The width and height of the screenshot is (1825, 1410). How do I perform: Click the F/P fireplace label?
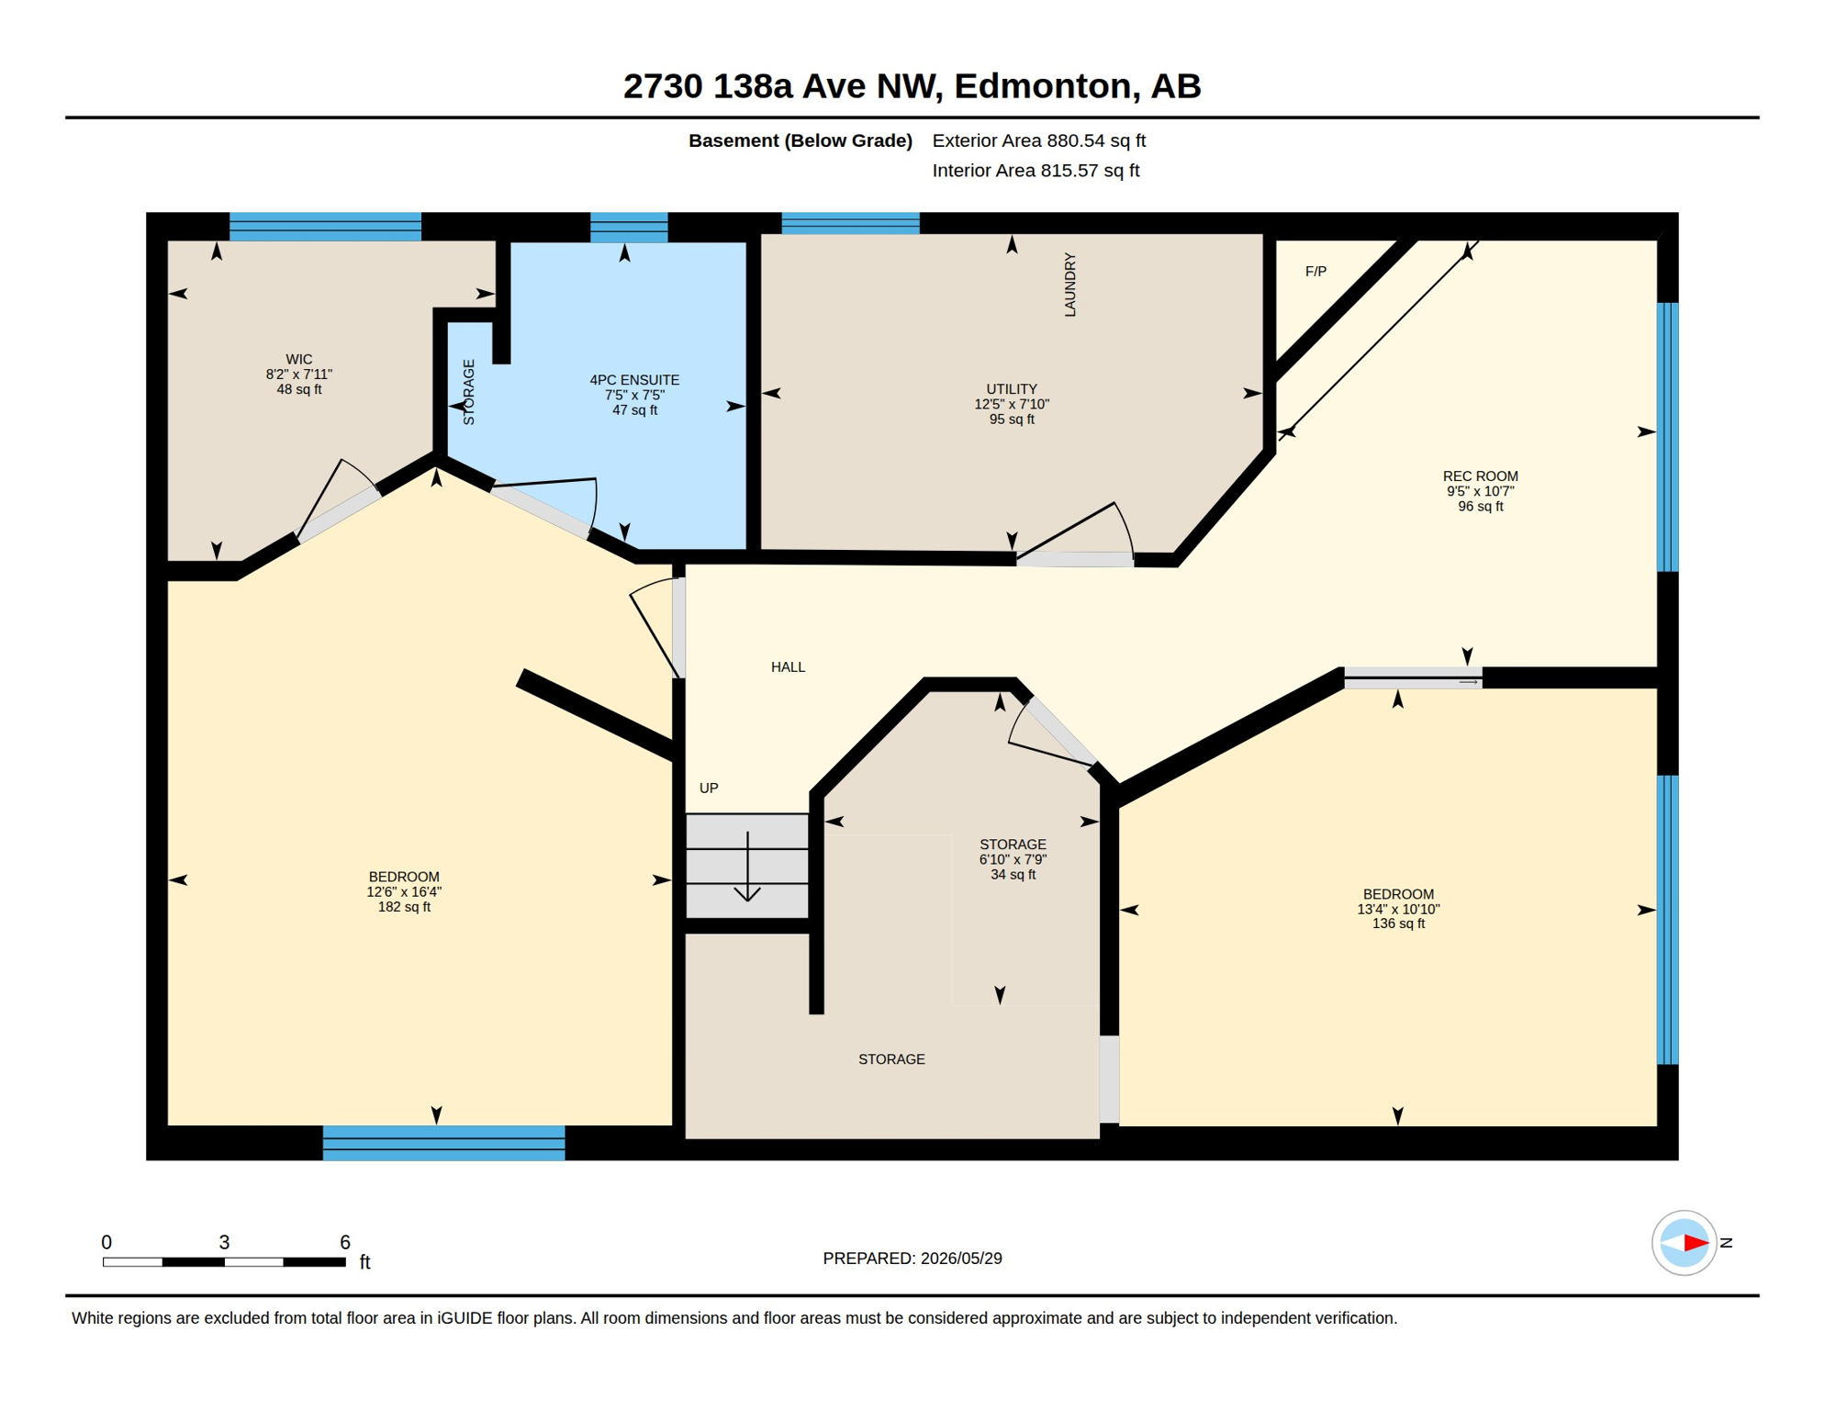1316,272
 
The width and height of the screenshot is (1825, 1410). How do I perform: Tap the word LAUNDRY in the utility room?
1069,285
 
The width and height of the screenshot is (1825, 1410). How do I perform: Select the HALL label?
788,667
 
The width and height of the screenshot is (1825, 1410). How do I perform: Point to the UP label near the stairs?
709,789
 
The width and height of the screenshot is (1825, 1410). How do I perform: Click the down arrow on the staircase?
747,867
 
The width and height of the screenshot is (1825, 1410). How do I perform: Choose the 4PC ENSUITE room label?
634,380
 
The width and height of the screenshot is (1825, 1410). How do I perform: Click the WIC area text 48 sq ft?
299,389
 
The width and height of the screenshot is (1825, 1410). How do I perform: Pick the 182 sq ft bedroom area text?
404,907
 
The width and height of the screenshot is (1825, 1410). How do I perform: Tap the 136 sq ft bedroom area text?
1398,923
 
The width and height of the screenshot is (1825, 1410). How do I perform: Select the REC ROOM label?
1480,476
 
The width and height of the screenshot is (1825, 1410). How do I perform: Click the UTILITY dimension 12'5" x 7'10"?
1012,404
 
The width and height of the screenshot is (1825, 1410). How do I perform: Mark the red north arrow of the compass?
1696,1243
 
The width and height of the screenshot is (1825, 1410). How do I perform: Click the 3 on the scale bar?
224,1242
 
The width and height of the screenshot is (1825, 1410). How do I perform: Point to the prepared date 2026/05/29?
961,1259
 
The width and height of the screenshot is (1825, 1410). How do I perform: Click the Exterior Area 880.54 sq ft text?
1039,140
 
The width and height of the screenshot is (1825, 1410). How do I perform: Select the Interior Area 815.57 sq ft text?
1036,171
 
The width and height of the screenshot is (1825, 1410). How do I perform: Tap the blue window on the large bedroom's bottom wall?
443,1143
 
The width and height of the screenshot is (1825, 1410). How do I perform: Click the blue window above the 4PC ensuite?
629,228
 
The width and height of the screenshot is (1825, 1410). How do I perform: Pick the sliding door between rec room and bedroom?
1413,678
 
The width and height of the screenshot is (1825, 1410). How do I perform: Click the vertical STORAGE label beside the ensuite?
468,392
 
